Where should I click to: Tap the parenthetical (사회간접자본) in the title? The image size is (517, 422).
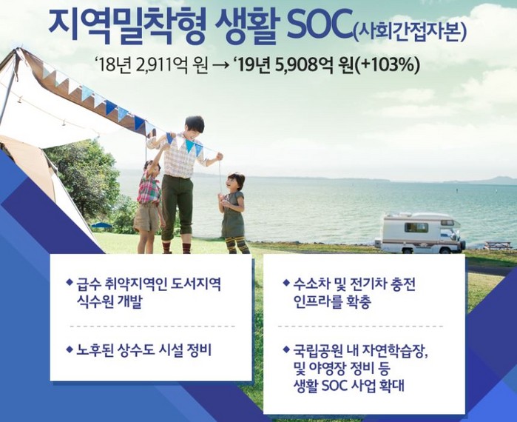(409, 32)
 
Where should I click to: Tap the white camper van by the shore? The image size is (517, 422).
(420, 233)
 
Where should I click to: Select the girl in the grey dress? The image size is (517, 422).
(233, 213)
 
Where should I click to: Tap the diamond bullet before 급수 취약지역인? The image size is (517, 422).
(70, 283)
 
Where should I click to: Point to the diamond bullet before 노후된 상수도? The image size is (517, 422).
(70, 349)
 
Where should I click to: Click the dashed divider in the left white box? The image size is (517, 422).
(152, 326)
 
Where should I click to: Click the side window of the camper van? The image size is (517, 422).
(416, 227)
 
